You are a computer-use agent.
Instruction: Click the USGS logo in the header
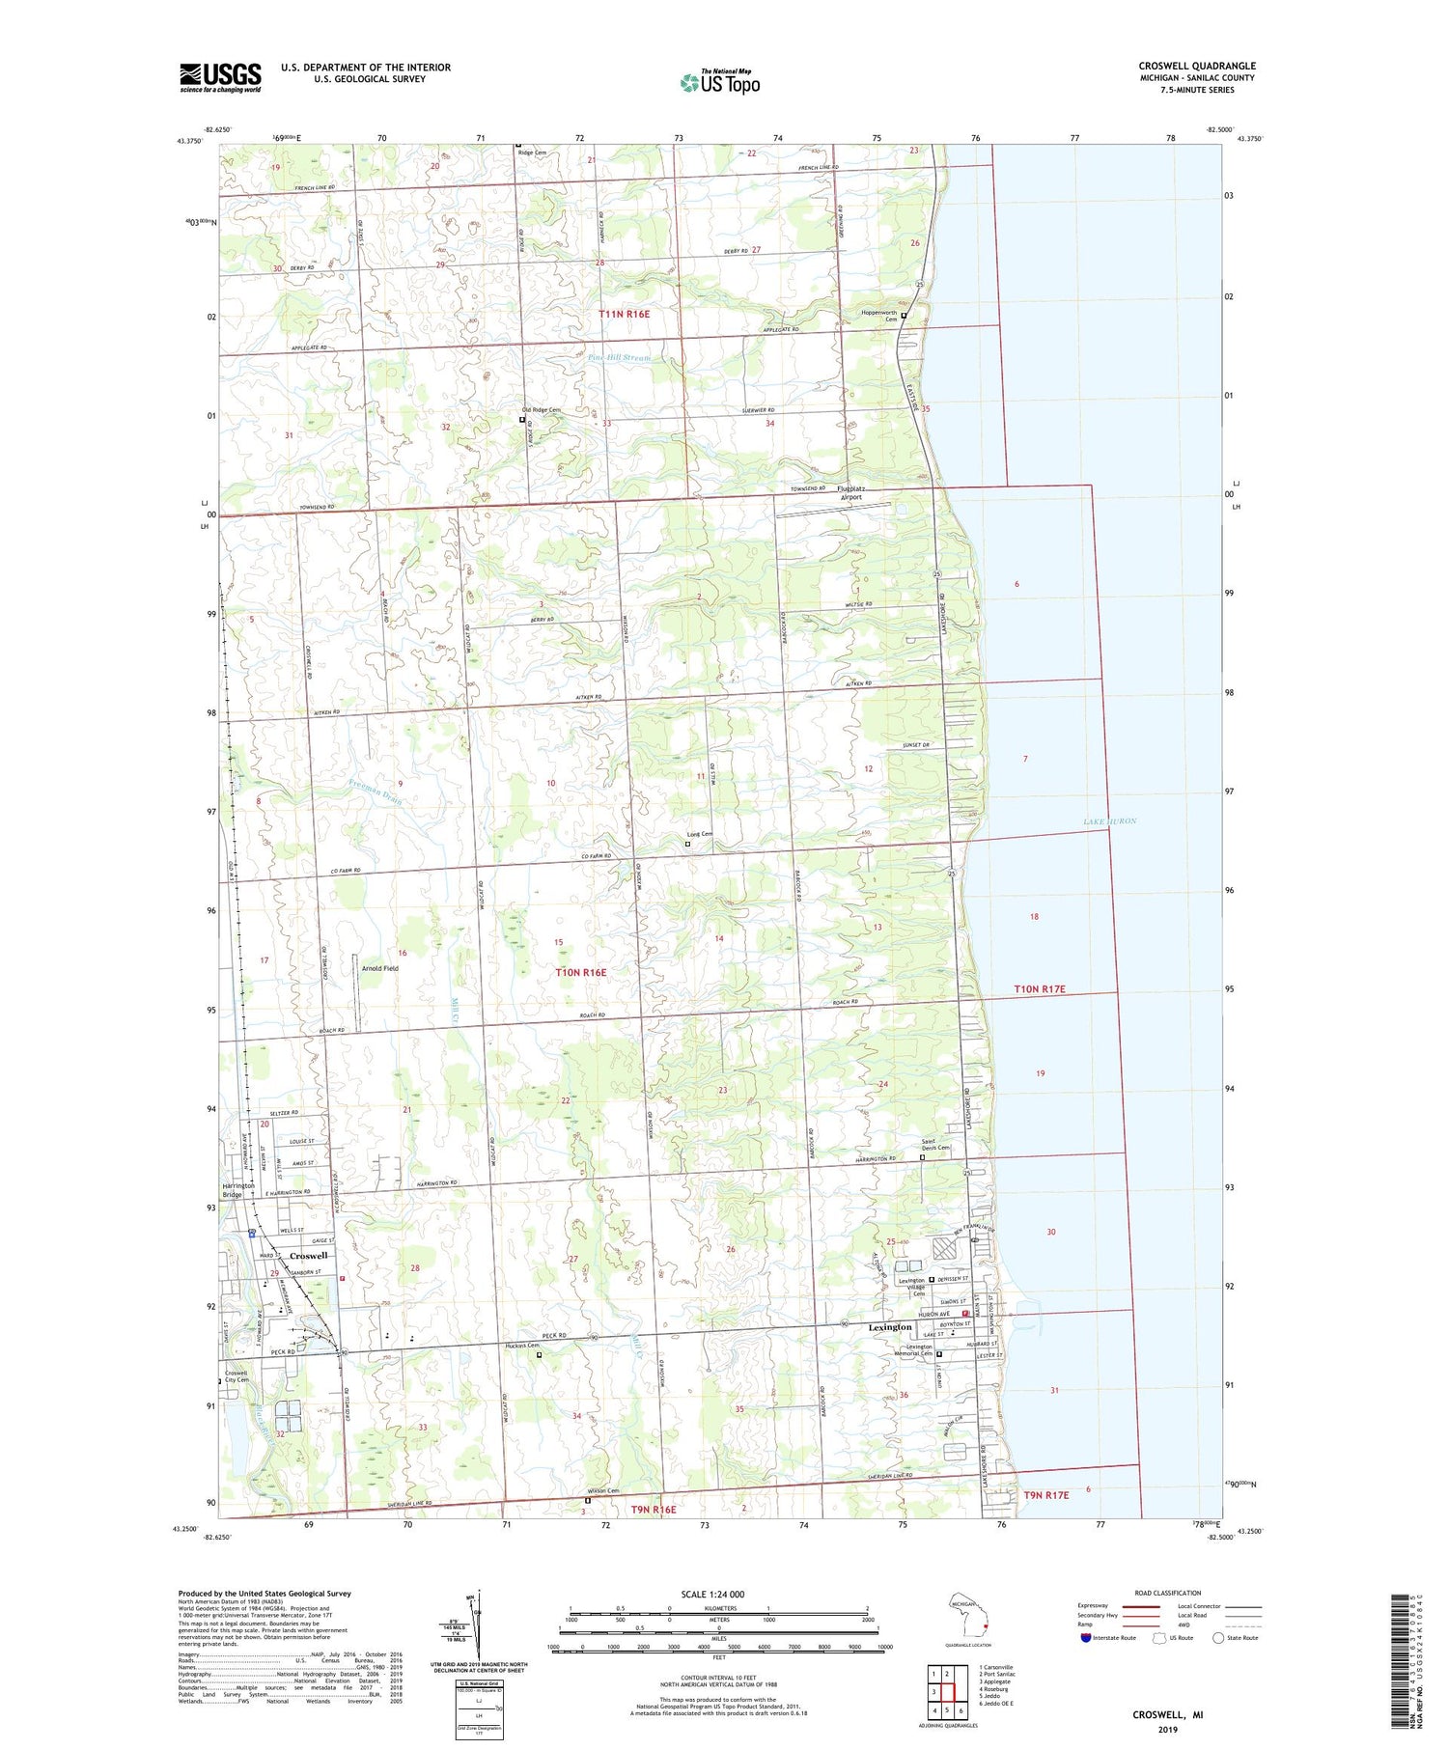click(220, 77)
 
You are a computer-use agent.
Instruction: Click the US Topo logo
click(719, 82)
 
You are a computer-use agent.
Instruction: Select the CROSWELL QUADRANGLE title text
click(1197, 67)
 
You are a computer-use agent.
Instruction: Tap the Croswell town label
click(309, 1256)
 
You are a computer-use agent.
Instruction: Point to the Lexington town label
click(889, 1327)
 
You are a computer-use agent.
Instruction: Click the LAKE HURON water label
click(1109, 821)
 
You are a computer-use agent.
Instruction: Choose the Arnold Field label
click(379, 968)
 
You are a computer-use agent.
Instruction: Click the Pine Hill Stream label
click(619, 357)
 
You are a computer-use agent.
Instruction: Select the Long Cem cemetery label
click(699, 834)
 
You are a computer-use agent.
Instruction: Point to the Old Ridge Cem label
click(541, 410)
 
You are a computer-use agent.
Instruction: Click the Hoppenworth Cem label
click(878, 317)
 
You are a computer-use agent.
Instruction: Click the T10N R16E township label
click(581, 973)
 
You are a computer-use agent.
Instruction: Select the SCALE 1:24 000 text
click(712, 1594)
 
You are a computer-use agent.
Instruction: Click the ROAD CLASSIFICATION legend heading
click(1168, 1593)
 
